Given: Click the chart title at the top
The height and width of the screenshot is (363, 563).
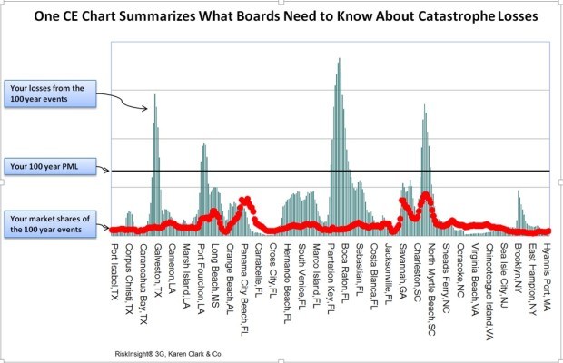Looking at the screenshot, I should pos(281,16).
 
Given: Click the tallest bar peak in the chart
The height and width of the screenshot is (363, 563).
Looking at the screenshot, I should pos(339,60).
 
